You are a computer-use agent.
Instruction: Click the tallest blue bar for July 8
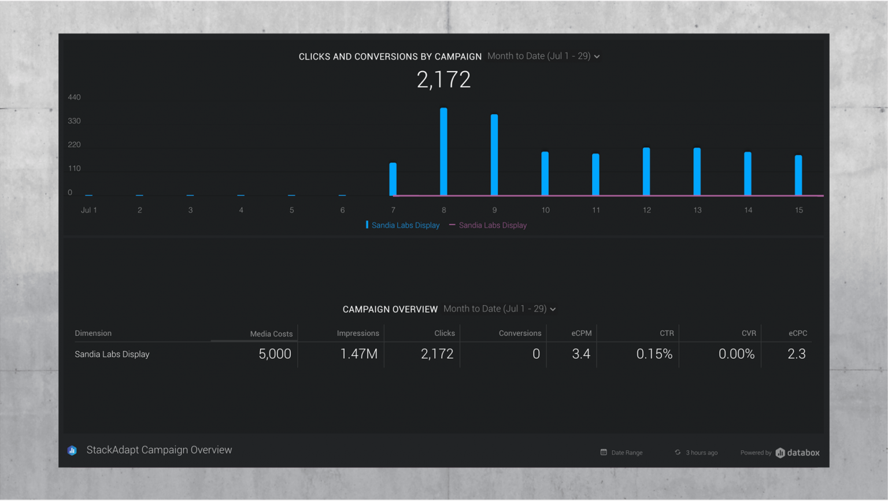click(x=443, y=151)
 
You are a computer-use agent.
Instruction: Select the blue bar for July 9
click(x=494, y=155)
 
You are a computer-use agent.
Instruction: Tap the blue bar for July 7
click(x=393, y=179)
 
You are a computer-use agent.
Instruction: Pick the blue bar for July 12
click(x=646, y=172)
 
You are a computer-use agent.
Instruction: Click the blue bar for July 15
click(x=798, y=175)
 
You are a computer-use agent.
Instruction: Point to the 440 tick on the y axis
click(x=74, y=97)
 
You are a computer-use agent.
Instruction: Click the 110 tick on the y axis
click(x=74, y=169)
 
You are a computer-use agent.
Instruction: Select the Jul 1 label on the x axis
click(x=89, y=210)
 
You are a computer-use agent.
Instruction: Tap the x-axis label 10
click(x=545, y=210)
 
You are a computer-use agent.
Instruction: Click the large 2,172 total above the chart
click(x=443, y=80)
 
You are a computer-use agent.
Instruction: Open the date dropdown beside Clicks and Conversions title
click(x=543, y=56)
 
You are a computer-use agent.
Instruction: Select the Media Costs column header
click(x=271, y=334)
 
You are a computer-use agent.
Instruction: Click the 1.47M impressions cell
click(x=358, y=354)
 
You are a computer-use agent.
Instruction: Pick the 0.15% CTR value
click(x=654, y=354)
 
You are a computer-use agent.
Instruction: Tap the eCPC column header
click(x=797, y=333)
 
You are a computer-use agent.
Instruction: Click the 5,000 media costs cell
click(x=275, y=354)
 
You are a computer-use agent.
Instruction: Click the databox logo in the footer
click(x=797, y=452)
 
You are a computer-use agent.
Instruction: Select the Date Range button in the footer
click(x=621, y=452)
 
